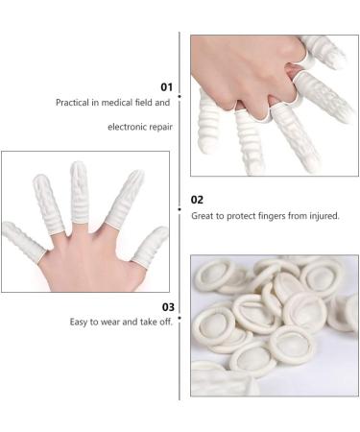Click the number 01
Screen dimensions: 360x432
(166, 87)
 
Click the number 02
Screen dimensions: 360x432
(197, 200)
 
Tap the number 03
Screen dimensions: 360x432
(168, 307)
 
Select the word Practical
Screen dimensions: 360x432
(72, 103)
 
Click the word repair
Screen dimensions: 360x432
(161, 128)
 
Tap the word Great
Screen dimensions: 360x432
(203, 216)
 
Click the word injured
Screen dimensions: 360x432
(324, 216)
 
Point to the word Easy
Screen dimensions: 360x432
(79, 322)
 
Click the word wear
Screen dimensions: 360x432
(110, 323)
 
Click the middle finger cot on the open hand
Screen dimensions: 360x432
(79, 193)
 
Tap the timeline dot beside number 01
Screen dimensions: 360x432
(180, 96)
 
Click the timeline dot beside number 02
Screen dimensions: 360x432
(180, 209)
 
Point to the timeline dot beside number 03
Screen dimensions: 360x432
(180, 318)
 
